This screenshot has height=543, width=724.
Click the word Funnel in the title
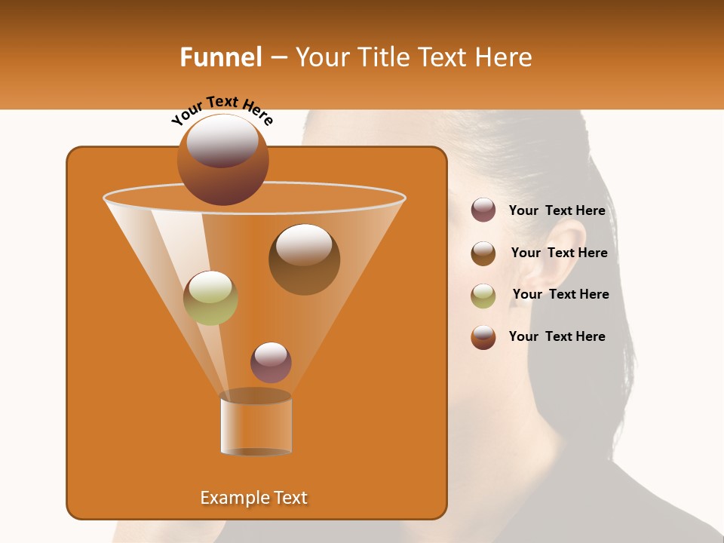220,57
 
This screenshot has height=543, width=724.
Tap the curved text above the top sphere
222,109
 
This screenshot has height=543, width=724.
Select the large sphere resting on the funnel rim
223,160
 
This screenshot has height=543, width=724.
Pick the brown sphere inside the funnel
304,259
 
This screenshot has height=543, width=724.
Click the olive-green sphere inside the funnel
210,298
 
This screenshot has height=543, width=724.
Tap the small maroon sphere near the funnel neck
271,363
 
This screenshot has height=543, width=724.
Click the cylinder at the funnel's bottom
256,424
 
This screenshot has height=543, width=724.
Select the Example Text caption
254,498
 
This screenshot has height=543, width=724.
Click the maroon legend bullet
483,210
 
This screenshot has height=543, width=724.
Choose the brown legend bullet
483,253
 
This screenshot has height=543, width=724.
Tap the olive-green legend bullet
483,295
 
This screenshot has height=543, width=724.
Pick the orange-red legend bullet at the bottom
483,337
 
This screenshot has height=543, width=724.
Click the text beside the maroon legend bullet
557,211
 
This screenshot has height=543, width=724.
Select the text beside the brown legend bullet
559,253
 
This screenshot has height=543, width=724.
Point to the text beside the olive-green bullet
560,294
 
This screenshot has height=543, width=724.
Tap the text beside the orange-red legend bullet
557,336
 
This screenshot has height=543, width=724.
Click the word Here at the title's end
505,57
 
